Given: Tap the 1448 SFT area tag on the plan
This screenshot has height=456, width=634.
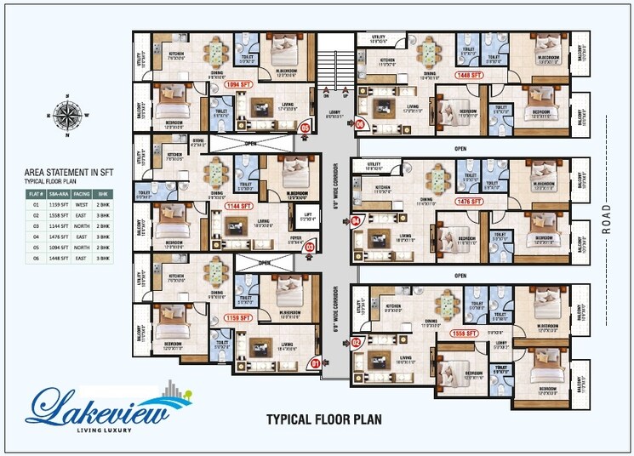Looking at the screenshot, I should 471,75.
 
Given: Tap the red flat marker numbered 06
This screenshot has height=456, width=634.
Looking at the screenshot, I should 360,124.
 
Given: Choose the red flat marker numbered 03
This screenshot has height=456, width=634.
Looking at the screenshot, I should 310,248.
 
